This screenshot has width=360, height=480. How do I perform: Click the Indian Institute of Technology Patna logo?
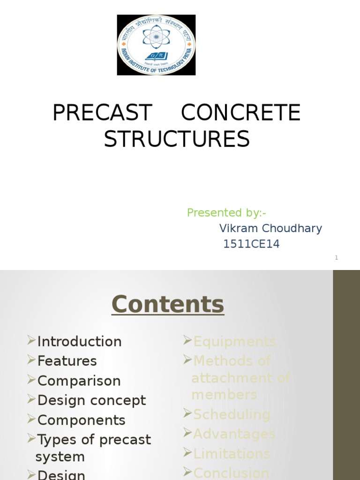(156, 45)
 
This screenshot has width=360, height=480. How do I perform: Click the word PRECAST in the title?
(102, 113)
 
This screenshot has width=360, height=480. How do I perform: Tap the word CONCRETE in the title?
(240, 113)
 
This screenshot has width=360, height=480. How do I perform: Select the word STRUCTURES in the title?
(177, 139)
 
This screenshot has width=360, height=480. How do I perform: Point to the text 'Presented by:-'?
(226, 213)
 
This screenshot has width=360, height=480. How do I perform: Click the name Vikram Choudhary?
(270, 229)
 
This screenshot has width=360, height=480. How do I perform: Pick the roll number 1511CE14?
(251, 244)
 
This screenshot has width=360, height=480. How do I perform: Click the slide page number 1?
(336, 257)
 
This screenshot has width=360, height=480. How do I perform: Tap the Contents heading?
(168, 304)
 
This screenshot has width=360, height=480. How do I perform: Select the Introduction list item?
(79, 342)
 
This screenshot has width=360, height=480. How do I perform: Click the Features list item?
(67, 361)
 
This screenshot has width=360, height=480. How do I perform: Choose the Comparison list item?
(79, 381)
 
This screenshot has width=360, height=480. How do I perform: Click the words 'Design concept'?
(91, 401)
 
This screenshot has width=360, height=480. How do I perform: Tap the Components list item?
(81, 420)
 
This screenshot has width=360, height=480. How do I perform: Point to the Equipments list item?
(234, 342)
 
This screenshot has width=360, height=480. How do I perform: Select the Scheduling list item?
(232, 415)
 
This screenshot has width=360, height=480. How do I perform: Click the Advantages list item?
(234, 435)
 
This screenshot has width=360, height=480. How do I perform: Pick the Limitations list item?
(232, 454)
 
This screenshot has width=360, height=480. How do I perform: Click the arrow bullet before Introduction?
(31, 340)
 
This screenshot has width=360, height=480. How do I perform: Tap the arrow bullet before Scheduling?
(187, 413)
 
